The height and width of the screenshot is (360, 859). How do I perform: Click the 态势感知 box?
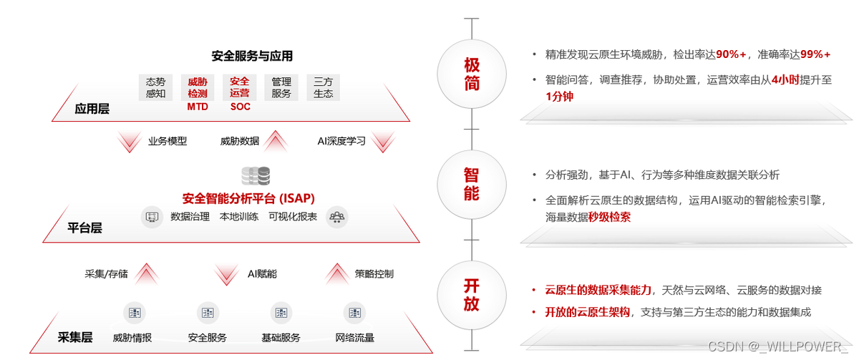[155, 87]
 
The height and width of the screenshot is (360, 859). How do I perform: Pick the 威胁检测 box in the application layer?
[198, 87]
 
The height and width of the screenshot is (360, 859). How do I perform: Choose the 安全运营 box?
[240, 87]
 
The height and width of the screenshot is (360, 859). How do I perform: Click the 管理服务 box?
[281, 87]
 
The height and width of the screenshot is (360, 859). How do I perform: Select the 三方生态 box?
[323, 87]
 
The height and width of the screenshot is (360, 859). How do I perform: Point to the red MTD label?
[198, 107]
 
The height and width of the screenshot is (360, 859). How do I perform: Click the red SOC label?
[241, 107]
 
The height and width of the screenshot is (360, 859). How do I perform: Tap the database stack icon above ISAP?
[256, 175]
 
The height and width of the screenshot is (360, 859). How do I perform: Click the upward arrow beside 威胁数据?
[276, 141]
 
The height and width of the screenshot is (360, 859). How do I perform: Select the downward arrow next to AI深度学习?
[384, 141]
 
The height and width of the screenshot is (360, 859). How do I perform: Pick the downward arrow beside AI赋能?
[226, 274]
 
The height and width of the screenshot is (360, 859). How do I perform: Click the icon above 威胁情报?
[133, 312]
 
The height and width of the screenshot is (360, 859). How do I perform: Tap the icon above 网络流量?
[354, 312]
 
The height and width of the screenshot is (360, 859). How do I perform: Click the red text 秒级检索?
[610, 217]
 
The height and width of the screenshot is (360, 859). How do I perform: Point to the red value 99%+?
[815, 54]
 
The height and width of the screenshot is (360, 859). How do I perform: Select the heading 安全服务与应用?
[252, 56]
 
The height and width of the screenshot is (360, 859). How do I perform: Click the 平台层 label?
[84, 228]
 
